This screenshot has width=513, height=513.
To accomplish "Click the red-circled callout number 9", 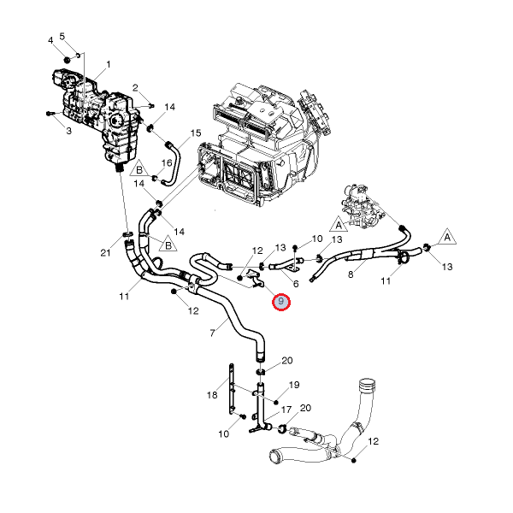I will pos(281,302).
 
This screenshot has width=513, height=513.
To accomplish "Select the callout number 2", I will pos(135,88).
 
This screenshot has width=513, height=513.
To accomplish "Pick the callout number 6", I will pos(296,284).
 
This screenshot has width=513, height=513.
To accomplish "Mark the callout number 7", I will pos(212,332).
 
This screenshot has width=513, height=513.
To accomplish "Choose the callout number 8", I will pos(350,275).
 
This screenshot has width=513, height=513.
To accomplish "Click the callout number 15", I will pos(196,133).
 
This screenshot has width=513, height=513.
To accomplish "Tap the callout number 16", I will pos(168,162).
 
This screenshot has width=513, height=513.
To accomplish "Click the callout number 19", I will pos(293,385).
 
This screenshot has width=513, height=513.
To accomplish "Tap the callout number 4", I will pos(50,40).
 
